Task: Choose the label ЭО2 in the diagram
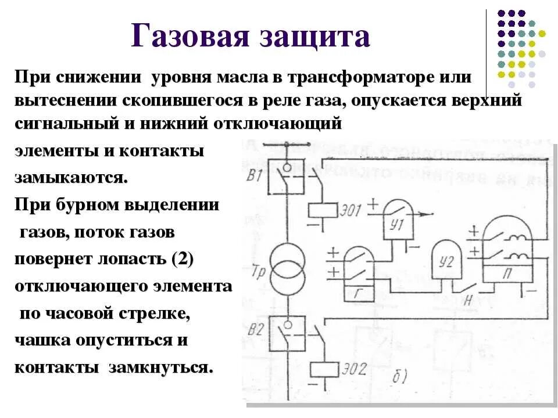pos(355,370)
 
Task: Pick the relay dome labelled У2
pos(446,262)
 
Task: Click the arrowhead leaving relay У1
pos(431,214)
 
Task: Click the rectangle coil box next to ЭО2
pos(323,369)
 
